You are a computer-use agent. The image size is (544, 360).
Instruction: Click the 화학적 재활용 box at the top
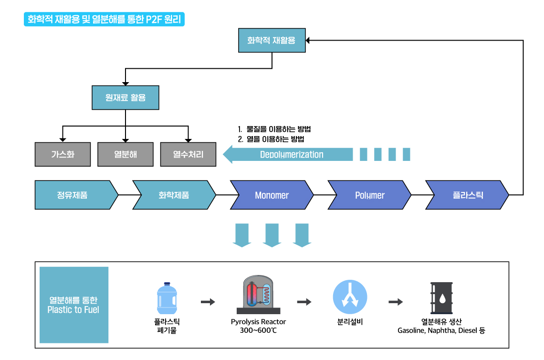[x=272, y=40]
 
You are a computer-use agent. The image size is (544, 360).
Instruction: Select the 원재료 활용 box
[x=125, y=97]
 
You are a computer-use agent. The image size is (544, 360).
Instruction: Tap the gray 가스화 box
[x=63, y=154]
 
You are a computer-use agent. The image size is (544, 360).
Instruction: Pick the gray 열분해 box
[x=125, y=154]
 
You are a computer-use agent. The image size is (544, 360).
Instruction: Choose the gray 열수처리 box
[x=188, y=154]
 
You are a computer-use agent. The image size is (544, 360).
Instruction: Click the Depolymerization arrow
[x=288, y=155]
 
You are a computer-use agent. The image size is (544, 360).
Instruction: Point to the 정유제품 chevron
[x=76, y=195]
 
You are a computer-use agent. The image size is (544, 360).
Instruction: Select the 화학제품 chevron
[x=174, y=195]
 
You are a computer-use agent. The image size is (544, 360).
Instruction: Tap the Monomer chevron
[x=272, y=195]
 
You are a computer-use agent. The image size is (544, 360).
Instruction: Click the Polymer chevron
[x=369, y=195]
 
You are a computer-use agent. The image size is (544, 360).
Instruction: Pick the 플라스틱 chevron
[x=467, y=195]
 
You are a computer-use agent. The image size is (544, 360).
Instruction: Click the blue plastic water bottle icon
[x=167, y=298]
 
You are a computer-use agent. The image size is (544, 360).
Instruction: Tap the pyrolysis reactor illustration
[x=259, y=295]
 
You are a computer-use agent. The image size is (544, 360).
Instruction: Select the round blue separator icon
[x=350, y=297]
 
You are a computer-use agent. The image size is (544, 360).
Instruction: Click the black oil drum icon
[x=442, y=298]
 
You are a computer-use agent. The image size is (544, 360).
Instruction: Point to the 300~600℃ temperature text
[x=259, y=330]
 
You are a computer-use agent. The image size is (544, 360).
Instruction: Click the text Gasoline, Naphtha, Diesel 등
[x=441, y=330]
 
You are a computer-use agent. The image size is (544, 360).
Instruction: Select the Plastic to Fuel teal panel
[x=74, y=305]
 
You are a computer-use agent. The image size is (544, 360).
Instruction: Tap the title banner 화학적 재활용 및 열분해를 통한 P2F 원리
[x=104, y=19]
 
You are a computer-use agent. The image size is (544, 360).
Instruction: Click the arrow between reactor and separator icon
[x=304, y=302]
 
